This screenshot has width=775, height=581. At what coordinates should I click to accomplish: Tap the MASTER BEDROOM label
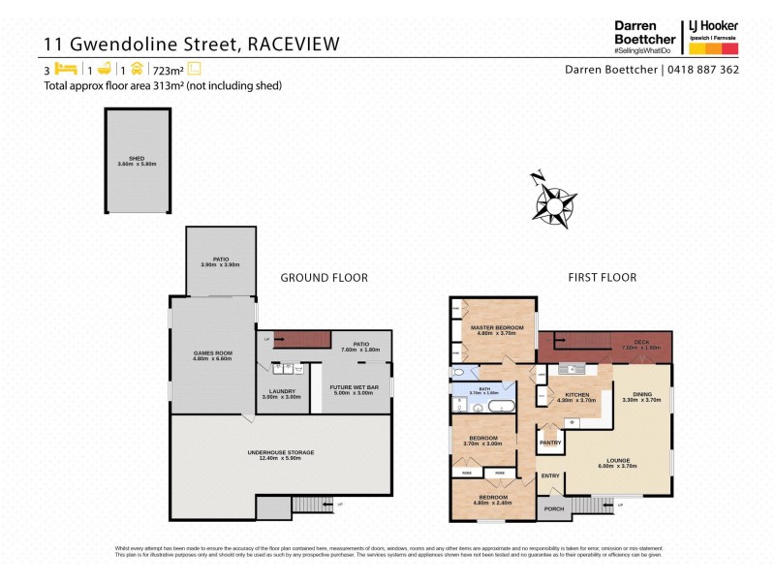pyautogui.click(x=497, y=329)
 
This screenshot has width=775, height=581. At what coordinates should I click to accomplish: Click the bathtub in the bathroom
pyautogui.click(x=500, y=407)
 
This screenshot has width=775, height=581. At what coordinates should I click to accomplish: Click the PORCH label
pyautogui.click(x=553, y=508)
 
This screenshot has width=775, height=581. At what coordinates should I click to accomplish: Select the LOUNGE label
pyautogui.click(x=619, y=462)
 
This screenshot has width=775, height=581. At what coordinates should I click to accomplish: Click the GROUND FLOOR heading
pyautogui.click(x=324, y=278)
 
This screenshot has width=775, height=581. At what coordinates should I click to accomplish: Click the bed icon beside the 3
pyautogui.click(x=66, y=70)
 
